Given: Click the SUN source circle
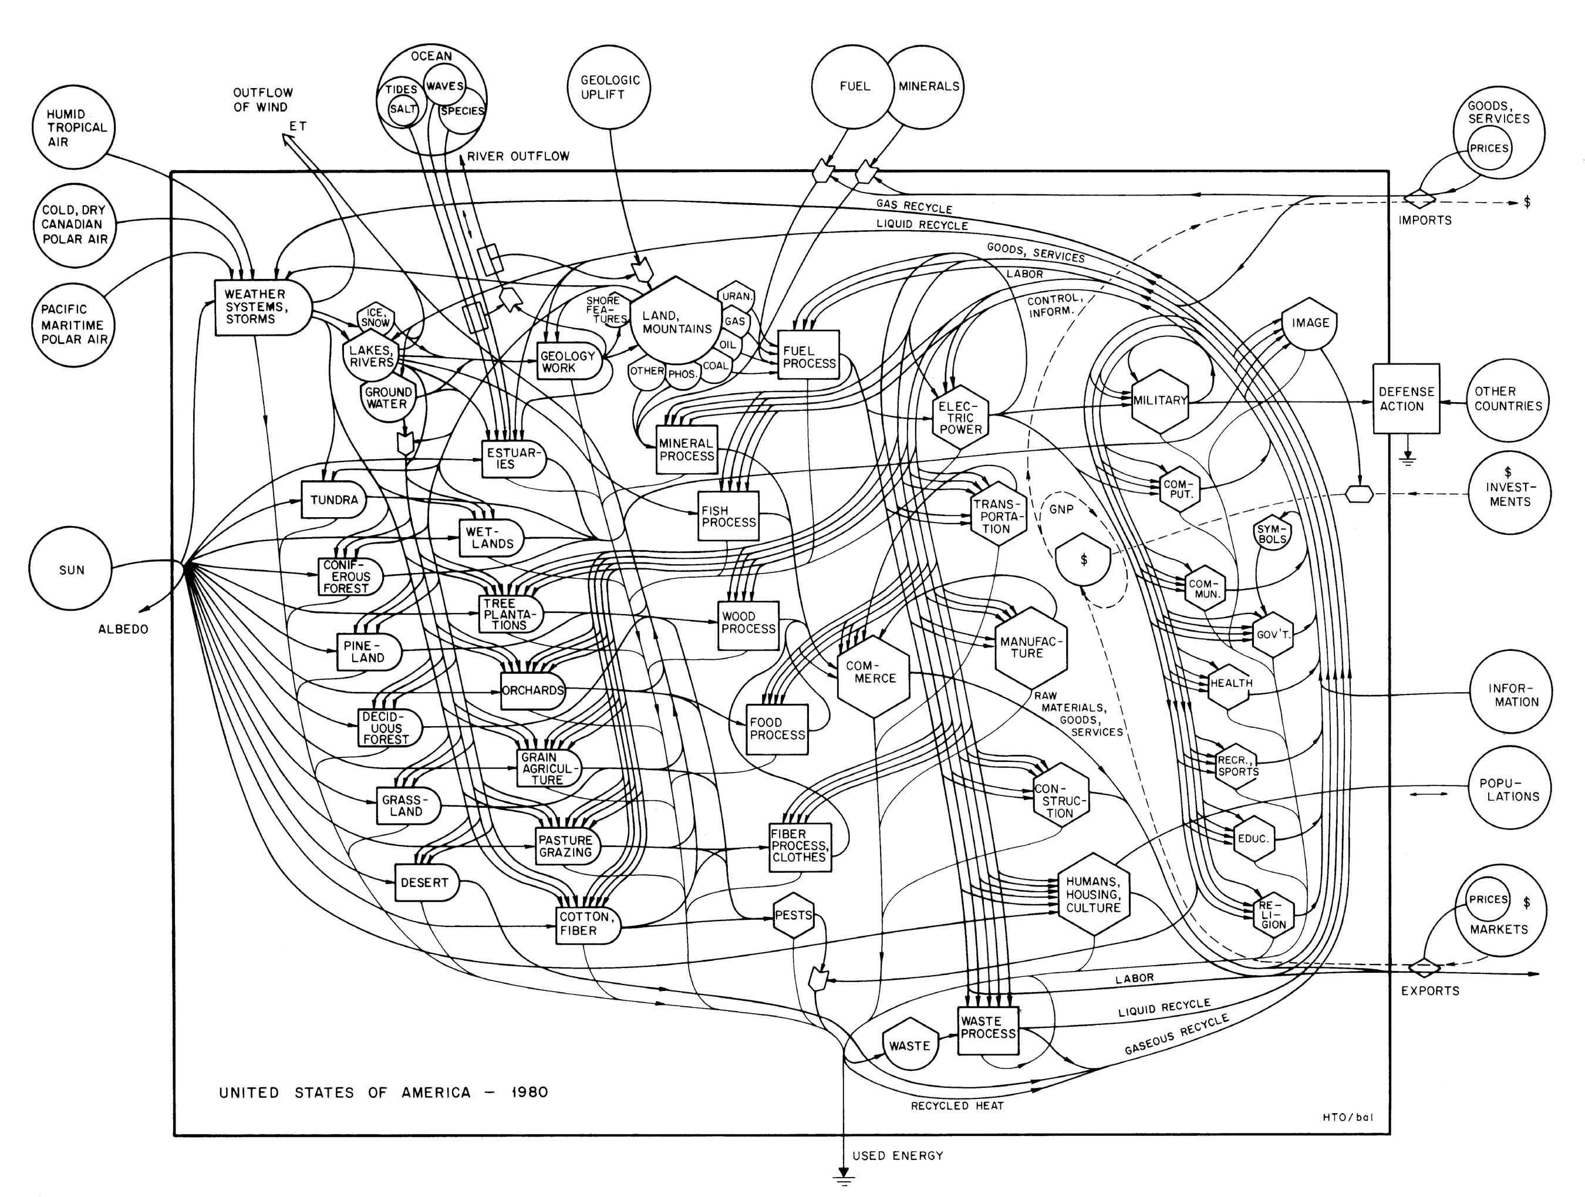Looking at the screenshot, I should click(72, 571).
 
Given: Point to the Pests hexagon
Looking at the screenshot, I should click(794, 915).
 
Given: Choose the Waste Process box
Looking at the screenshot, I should click(989, 1030).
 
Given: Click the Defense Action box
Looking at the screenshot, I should click(1406, 399).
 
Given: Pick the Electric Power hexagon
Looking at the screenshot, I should click(960, 417).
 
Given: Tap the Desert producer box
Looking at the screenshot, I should click(425, 883).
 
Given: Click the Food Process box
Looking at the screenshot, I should click(777, 729).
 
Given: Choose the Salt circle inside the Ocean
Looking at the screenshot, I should click(403, 109).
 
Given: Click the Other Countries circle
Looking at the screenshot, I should click(1508, 399).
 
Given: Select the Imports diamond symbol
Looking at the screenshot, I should click(1420, 197).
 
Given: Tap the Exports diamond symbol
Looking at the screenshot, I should click(1424, 969).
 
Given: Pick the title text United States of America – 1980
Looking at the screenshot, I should click(383, 1093).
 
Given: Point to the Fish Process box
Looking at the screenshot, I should click(729, 516).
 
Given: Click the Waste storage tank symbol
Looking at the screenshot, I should click(909, 1046).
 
